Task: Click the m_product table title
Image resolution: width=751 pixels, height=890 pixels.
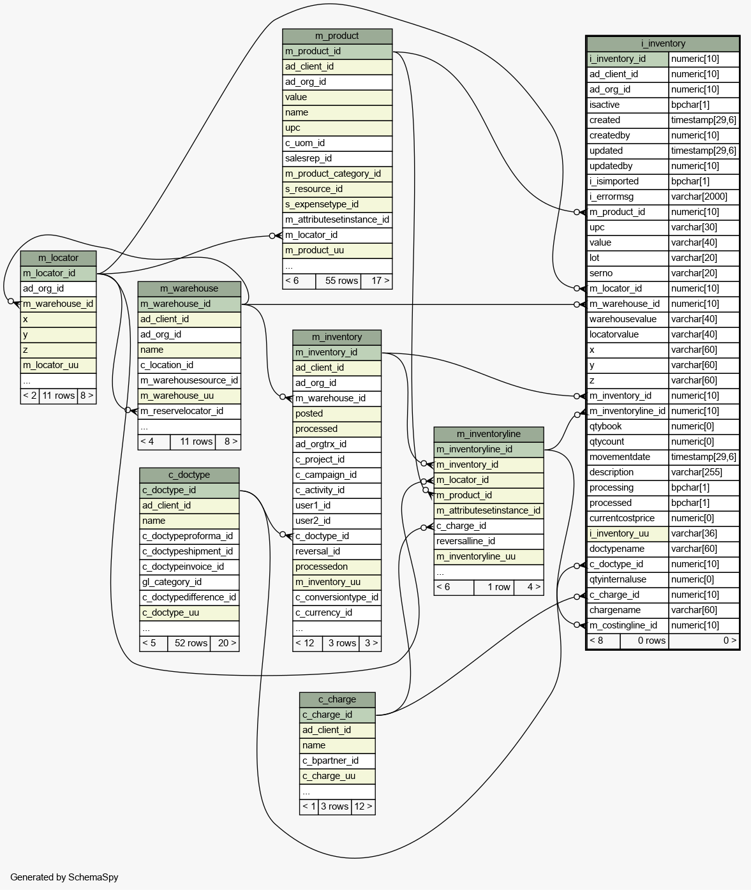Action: click(337, 36)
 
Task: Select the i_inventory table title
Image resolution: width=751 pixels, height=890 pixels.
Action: click(663, 44)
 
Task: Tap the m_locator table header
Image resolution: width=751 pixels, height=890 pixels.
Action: click(58, 258)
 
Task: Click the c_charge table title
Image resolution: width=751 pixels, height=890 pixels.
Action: click(337, 700)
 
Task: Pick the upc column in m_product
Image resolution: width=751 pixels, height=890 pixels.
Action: click(337, 128)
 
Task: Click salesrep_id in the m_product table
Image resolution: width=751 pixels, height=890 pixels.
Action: click(337, 159)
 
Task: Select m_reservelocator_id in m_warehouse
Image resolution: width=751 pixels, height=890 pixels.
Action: click(189, 412)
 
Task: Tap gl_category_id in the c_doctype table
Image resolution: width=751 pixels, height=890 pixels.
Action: click(189, 582)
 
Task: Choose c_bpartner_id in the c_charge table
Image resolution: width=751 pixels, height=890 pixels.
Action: click(337, 761)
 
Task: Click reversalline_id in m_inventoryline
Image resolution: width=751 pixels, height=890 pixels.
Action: click(488, 542)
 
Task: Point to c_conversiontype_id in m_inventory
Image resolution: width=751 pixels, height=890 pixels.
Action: click(336, 598)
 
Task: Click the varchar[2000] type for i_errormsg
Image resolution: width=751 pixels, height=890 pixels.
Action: click(703, 197)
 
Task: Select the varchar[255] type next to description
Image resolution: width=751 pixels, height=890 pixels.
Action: click(703, 473)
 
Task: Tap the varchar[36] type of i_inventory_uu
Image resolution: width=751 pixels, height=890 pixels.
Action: click(703, 534)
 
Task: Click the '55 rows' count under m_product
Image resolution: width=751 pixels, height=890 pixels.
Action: click(338, 281)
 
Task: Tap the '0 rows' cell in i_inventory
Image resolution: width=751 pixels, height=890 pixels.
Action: click(644, 641)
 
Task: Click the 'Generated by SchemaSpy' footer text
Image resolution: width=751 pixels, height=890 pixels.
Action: click(64, 878)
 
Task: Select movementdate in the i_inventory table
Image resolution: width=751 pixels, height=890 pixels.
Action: click(628, 457)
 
